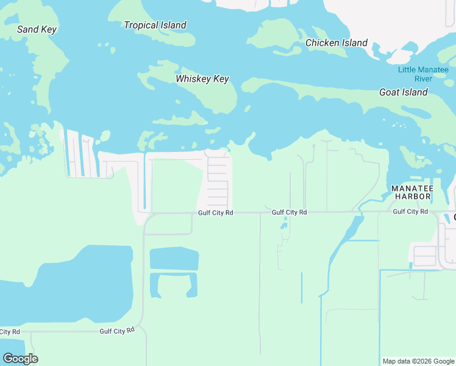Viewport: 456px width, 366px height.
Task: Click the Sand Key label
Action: (37, 29)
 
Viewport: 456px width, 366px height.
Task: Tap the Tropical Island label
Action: (155, 25)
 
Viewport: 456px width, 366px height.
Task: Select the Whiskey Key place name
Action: (202, 79)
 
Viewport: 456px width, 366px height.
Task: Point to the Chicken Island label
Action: (336, 43)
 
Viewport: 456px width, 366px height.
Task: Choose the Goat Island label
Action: (403, 92)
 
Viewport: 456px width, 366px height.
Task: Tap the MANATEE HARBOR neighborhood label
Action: (411, 192)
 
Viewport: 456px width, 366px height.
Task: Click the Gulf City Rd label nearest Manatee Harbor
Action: (410, 212)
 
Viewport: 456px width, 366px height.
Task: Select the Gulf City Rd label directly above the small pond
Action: (289, 212)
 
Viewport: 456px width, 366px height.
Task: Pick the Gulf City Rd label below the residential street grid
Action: (216, 213)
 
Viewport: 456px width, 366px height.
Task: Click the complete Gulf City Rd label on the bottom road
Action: (116, 331)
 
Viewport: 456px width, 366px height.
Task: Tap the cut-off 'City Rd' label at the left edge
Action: (10, 331)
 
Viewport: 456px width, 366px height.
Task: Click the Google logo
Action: (20, 358)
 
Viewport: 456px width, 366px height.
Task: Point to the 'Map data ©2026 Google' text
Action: (418, 361)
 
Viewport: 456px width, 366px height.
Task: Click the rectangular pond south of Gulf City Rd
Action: (174, 259)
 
